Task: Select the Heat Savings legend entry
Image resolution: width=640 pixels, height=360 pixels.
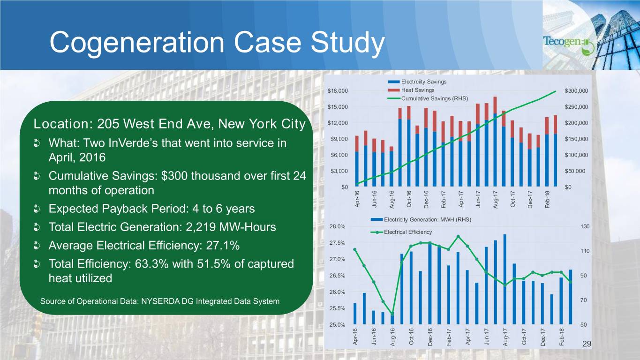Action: [417, 90]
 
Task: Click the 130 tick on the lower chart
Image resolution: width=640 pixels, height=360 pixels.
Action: [584, 226]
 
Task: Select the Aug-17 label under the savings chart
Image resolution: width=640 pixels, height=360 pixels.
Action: [495, 199]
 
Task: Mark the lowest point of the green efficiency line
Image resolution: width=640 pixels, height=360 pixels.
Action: [392, 314]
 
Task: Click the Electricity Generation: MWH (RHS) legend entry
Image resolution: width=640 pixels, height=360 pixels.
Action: [427, 219]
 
